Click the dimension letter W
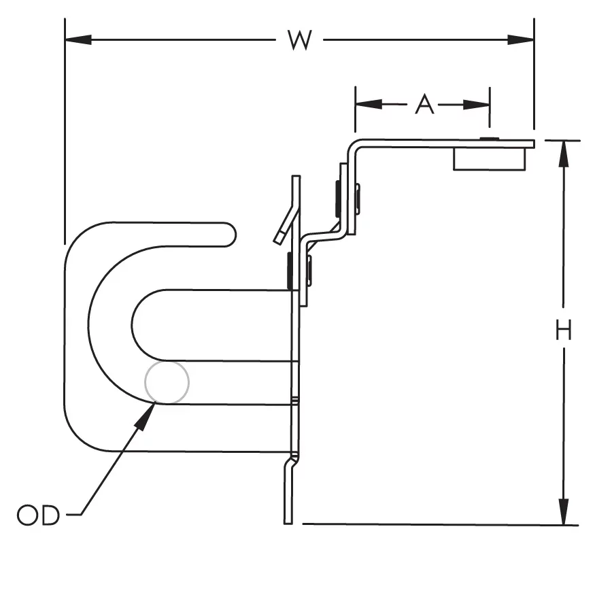tap(299, 40)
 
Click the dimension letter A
tap(424, 105)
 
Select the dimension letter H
tap(563, 331)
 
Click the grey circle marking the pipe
tap(167, 382)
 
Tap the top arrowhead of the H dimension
tap(563, 154)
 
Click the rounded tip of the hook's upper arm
tap(228, 233)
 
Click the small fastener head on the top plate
tap(488, 139)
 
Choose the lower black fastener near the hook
tap(290, 270)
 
